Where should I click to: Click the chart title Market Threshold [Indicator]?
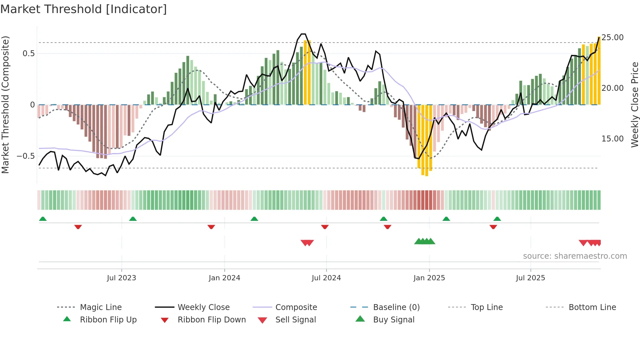tap(84, 9)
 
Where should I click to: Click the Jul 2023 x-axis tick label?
tap(121, 278)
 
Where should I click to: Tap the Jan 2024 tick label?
tap(225, 278)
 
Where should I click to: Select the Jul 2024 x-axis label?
tap(326, 278)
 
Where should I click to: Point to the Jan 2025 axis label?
tap(429, 278)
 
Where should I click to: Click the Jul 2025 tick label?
tap(531, 278)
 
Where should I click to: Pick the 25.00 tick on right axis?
tap(613, 38)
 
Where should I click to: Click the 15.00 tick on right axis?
tap(613, 139)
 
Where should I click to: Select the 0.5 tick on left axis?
tap(29, 54)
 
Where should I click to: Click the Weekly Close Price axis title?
tap(634, 105)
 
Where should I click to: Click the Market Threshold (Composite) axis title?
tap(5, 105)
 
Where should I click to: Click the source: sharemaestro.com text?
tap(575, 256)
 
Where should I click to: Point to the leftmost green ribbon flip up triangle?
tap(43, 219)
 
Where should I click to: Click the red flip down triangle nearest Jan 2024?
tap(211, 227)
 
